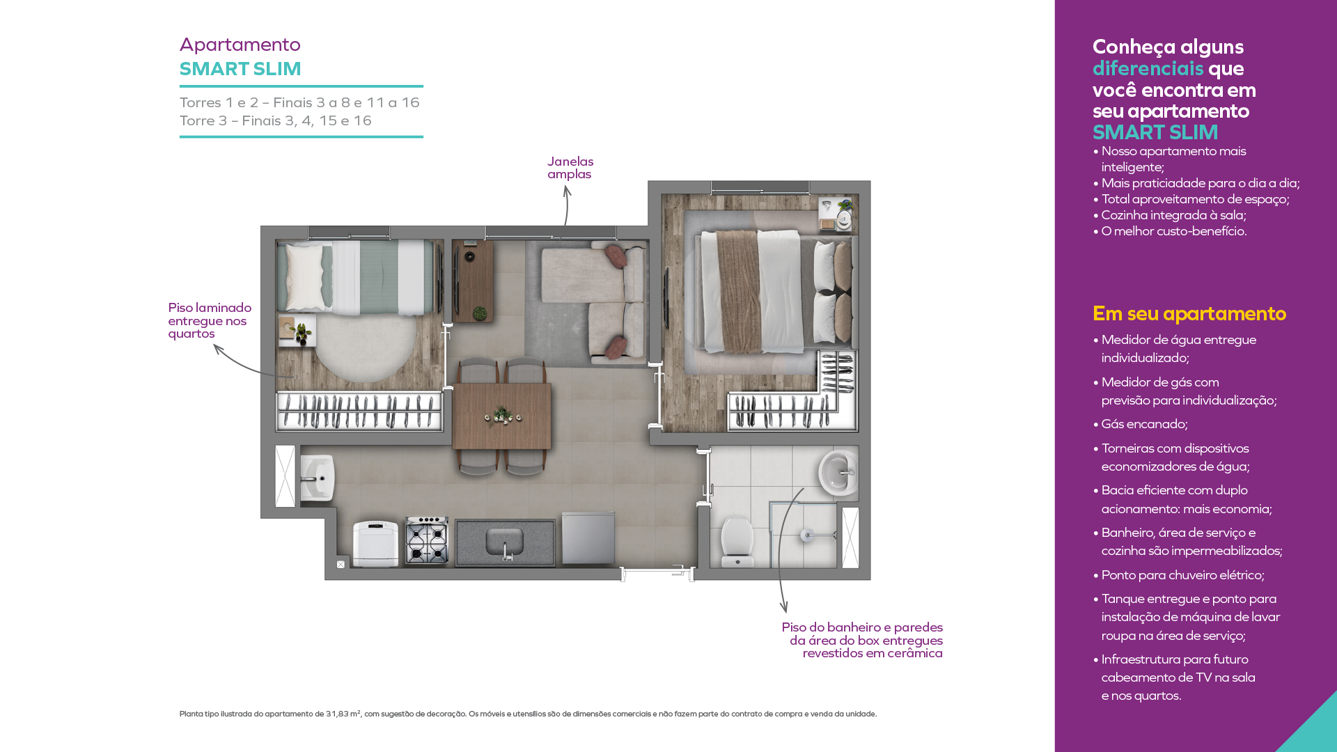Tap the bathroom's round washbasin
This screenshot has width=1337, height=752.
coord(838,473)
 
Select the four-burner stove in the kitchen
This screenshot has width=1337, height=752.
coord(427,540)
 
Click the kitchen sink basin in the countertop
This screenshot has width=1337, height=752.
coord(505,541)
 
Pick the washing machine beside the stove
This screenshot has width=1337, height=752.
coord(375,543)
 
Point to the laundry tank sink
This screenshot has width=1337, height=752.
coord(318,478)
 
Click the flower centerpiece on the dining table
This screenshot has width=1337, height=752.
coord(502,416)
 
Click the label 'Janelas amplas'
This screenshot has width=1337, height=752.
coord(570,168)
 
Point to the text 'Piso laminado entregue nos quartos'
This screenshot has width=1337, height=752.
coord(210,320)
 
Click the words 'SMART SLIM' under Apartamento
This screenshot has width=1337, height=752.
coord(240,69)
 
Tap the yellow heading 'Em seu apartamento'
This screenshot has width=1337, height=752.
coord(1189,314)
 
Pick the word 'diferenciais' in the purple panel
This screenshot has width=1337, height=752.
coord(1148,68)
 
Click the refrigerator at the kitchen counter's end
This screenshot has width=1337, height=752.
coord(588,538)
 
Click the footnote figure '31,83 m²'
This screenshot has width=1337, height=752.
coord(343,714)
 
